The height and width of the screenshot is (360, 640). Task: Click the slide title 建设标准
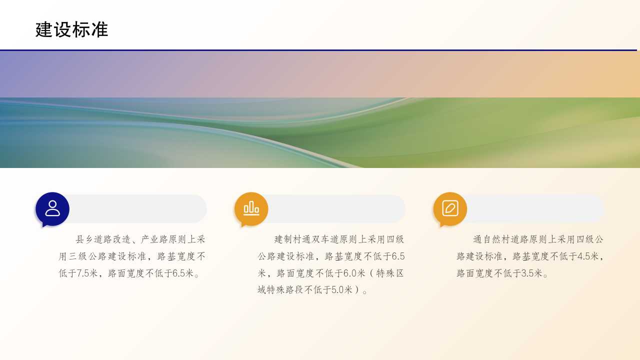click(x=71, y=29)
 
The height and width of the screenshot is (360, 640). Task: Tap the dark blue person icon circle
click(x=52, y=209)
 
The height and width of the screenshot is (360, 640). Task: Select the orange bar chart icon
click(x=251, y=209)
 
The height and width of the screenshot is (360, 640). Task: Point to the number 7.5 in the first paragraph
click(x=83, y=273)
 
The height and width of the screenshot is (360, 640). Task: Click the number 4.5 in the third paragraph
click(x=583, y=256)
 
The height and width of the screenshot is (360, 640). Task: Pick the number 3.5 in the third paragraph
click(x=527, y=273)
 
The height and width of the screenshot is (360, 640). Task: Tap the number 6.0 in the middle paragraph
click(x=349, y=273)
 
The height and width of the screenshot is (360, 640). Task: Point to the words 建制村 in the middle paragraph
click(x=288, y=239)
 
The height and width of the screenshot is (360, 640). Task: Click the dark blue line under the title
click(x=318, y=50)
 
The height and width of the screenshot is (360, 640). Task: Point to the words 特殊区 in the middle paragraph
click(x=390, y=273)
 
